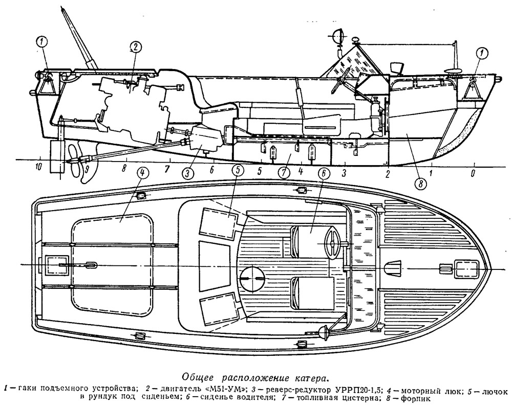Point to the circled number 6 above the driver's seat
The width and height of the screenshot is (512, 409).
click(x=323, y=173)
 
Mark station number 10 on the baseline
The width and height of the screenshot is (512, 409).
click(x=38, y=167)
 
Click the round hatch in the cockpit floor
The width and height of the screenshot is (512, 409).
click(x=251, y=278)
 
